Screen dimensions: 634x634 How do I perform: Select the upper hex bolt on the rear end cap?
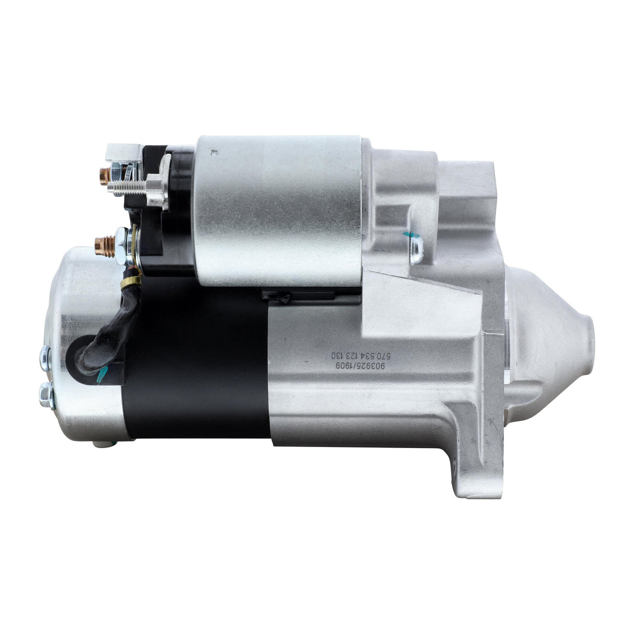[x=45, y=357]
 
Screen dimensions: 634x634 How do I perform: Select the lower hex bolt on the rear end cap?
[x=45, y=391]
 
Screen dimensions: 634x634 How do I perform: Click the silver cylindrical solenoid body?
[x=279, y=209]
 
